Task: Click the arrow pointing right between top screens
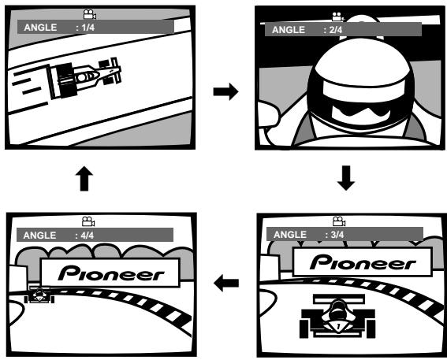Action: (225, 91)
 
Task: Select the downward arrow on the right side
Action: (346, 178)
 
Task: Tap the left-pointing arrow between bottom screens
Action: (226, 283)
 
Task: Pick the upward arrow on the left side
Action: (84, 179)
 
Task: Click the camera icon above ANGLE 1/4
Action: (90, 14)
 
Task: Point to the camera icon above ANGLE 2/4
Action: (338, 17)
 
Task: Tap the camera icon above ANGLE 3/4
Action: (339, 221)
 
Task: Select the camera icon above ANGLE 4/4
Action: (88, 221)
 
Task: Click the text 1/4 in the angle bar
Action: (88, 28)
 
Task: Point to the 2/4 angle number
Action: (336, 30)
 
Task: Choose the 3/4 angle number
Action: (337, 235)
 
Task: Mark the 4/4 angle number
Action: (88, 236)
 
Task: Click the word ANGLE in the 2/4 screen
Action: (289, 30)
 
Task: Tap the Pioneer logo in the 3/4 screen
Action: (363, 262)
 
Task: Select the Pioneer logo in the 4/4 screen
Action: (111, 273)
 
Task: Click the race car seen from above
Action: (85, 77)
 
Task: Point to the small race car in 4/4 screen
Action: (39, 295)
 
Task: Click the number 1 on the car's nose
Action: (338, 326)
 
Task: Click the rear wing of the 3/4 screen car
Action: (339, 299)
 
